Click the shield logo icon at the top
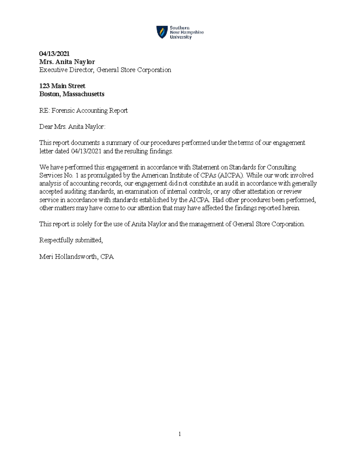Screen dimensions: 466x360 pos(162,32)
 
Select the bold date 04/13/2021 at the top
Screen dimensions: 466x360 pos(54,54)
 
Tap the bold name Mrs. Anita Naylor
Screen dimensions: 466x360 pos(67,62)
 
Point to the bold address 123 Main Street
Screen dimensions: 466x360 pos(62,86)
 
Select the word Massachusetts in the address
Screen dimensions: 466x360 pos(83,94)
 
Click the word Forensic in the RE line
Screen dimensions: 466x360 pos(63,110)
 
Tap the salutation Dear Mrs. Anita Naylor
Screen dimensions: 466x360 pos(72,127)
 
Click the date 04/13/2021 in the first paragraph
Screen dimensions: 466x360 pos(86,151)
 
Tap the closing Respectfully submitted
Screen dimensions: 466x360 pos(71,240)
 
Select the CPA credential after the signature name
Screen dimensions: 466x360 pos(107,257)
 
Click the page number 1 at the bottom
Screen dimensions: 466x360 pos(179,434)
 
